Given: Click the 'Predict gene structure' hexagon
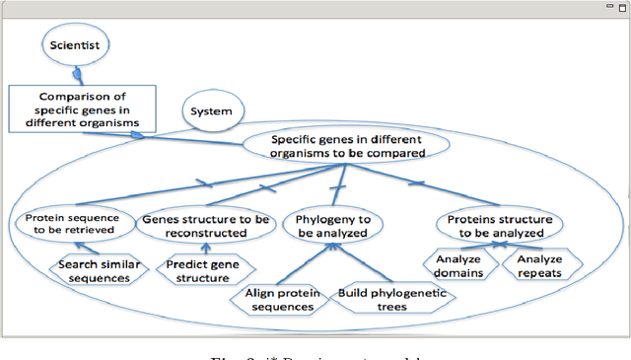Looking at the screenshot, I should (205, 270).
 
